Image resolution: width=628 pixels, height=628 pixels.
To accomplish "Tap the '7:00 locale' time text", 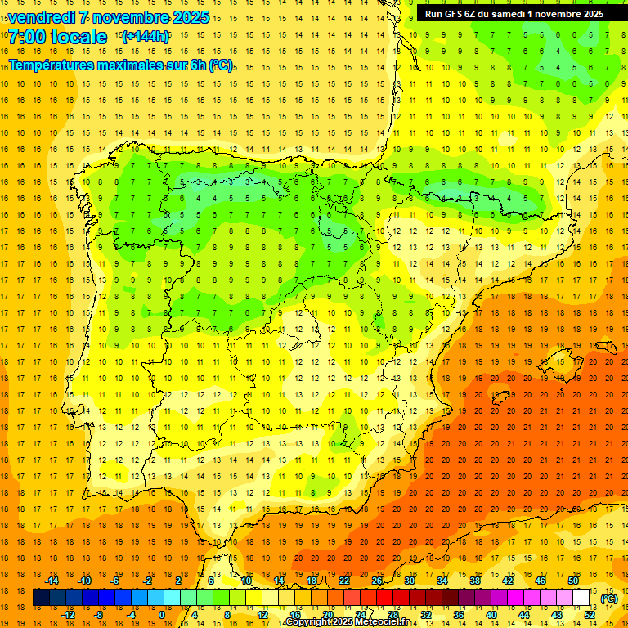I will [58, 37].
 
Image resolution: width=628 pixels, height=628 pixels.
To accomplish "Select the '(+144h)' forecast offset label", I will [146, 36].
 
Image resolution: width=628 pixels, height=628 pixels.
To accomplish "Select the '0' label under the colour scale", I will [161, 615].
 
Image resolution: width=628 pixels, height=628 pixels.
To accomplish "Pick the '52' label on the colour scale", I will [590, 615].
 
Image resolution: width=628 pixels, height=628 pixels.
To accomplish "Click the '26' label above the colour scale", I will [377, 581].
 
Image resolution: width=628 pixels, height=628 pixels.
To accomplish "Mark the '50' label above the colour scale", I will [573, 581].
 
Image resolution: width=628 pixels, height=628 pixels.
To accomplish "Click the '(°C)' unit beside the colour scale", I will [609, 599].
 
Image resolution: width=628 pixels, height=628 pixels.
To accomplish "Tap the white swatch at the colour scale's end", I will [581, 598].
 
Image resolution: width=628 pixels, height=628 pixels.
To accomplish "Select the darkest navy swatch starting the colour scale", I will [41, 598].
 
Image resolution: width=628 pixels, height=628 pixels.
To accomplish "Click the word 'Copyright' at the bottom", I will [309, 622].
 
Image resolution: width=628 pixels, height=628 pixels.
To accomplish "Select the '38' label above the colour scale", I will [475, 581].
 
